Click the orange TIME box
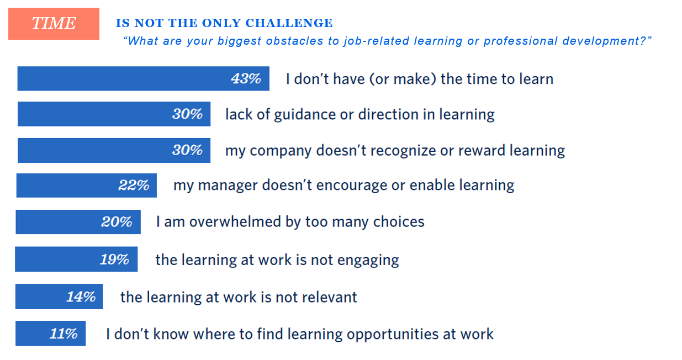pos(54,24)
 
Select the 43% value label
pos(246,78)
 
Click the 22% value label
pos(134,185)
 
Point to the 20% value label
pos(117,221)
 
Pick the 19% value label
pos(115,260)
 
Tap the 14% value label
pos(81,297)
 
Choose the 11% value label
pos(64,333)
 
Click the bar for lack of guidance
pos(114,114)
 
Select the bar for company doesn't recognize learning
pos(114,150)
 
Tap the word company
pos(281,151)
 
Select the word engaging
pos(368,261)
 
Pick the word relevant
pos(330,297)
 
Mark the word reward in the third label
pos(482,150)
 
